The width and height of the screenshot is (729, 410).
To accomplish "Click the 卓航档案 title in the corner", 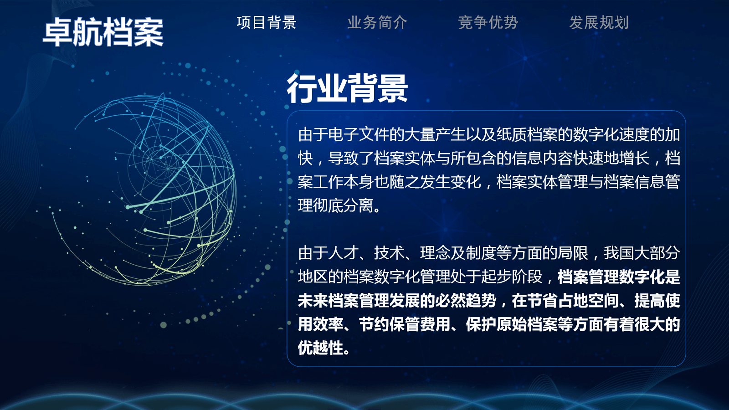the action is [x=103, y=32].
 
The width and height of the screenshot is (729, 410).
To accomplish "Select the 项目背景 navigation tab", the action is [x=267, y=22].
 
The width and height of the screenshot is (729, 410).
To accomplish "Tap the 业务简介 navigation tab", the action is [x=377, y=22].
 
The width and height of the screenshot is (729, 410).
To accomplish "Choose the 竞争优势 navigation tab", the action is [x=488, y=22].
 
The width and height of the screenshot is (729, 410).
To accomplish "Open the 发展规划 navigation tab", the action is [x=599, y=22].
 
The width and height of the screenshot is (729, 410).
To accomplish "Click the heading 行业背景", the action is [x=347, y=88].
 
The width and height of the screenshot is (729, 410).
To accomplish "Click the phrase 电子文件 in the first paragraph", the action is [x=358, y=135].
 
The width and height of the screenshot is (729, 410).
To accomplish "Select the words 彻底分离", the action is [x=343, y=205].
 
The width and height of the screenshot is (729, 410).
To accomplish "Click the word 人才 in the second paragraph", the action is [x=343, y=253].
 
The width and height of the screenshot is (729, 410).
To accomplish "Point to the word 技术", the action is [x=389, y=253].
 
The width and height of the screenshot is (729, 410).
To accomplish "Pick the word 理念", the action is [x=435, y=253].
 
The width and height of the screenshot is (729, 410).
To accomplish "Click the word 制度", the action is [x=481, y=253].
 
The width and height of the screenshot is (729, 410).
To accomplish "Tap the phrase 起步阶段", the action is [x=512, y=277].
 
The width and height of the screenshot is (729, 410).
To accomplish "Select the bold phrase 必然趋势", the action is [x=466, y=300].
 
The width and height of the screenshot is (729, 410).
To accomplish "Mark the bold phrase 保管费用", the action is [x=420, y=324].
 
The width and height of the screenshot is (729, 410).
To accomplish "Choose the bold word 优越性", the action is [x=321, y=348].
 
